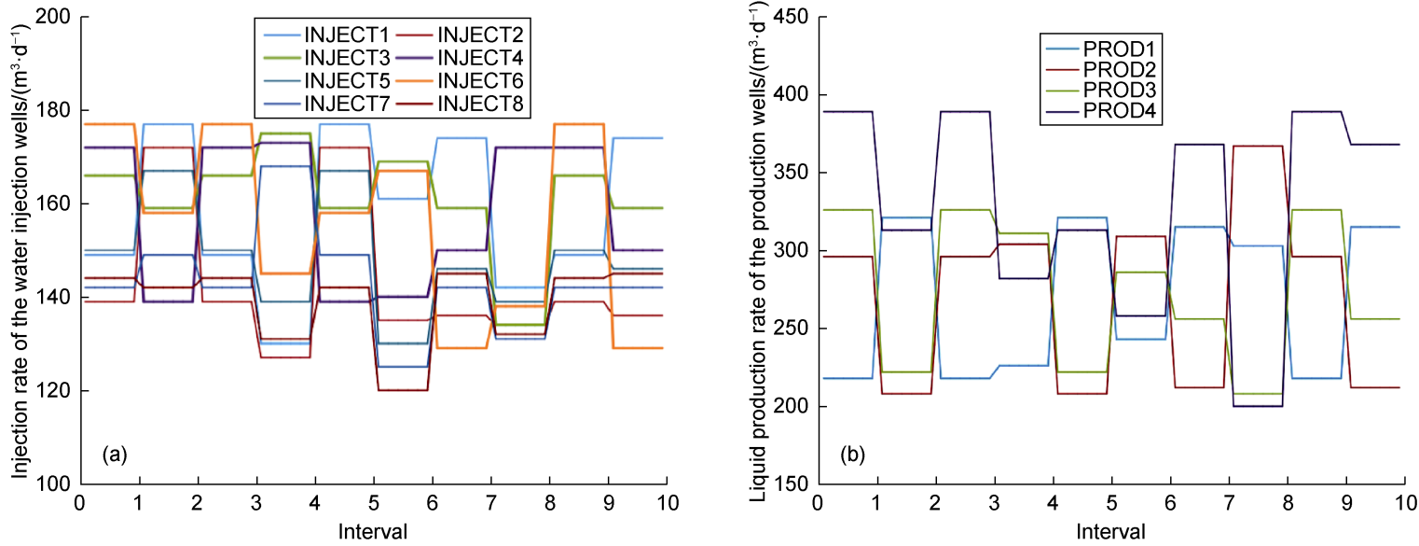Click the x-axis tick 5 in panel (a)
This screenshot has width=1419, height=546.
(x=373, y=502)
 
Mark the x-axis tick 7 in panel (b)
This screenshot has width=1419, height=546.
(x=1229, y=502)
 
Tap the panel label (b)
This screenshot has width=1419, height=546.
(x=853, y=455)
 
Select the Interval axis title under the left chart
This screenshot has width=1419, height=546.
(x=373, y=531)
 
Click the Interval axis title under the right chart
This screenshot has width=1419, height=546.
(x=1109, y=531)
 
